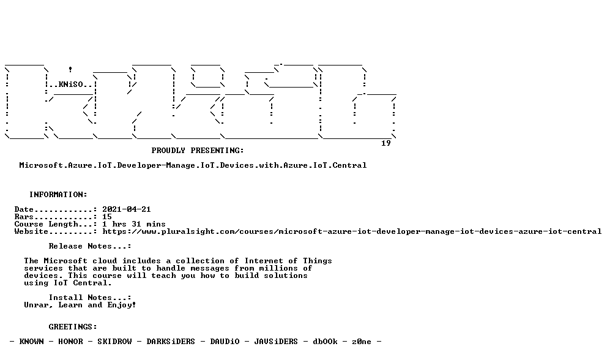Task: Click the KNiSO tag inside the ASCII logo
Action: (70, 84)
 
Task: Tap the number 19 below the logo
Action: (386, 143)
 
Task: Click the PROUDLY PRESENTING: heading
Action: (198, 151)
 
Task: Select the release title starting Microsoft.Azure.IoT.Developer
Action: (193, 165)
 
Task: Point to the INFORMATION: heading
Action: (59, 195)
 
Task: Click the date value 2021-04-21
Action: (127, 209)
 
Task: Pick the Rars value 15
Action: (107, 217)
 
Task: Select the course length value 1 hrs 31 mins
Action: (134, 224)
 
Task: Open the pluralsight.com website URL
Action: (352, 231)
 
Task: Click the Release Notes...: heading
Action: (90, 247)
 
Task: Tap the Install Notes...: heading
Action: (90, 298)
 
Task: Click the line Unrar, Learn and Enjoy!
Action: (80, 306)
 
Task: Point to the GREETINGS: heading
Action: (73, 327)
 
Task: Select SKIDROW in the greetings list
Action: (114, 342)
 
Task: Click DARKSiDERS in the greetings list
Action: (171, 342)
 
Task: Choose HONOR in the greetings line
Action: (70, 342)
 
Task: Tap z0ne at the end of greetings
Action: (362, 342)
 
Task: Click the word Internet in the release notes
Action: (264, 261)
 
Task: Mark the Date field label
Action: (24, 209)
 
